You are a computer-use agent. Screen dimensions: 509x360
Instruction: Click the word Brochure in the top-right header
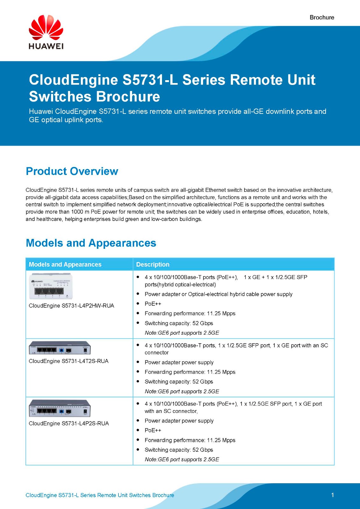(322, 17)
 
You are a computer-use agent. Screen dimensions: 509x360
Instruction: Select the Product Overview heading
(72, 171)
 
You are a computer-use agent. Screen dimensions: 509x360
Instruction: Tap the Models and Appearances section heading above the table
(91, 243)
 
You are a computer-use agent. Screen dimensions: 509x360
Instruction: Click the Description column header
(153, 264)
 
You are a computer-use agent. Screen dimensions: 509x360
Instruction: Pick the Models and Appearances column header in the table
(65, 264)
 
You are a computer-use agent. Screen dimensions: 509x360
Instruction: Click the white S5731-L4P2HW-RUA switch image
(51, 286)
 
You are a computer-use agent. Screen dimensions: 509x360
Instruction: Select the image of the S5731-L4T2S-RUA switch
(60, 348)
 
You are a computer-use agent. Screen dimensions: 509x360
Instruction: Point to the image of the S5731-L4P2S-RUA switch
(60, 408)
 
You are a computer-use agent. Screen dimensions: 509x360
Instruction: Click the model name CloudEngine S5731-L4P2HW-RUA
(71, 306)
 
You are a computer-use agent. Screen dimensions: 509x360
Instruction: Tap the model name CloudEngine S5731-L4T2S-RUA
(68, 361)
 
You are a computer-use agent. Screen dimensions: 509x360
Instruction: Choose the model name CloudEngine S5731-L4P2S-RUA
(69, 423)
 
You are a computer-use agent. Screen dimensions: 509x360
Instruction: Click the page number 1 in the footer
(333, 495)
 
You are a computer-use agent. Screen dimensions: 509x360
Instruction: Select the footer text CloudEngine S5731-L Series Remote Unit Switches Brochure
(100, 495)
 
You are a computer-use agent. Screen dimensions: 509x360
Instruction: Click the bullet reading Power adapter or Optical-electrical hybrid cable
(218, 294)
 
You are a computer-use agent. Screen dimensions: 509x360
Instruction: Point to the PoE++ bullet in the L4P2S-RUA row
(153, 430)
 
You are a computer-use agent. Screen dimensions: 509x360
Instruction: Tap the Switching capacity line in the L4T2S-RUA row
(179, 382)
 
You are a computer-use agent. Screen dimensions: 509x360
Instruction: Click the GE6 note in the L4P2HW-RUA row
(182, 333)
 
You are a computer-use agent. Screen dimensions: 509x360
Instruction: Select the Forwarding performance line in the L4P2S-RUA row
(190, 440)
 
